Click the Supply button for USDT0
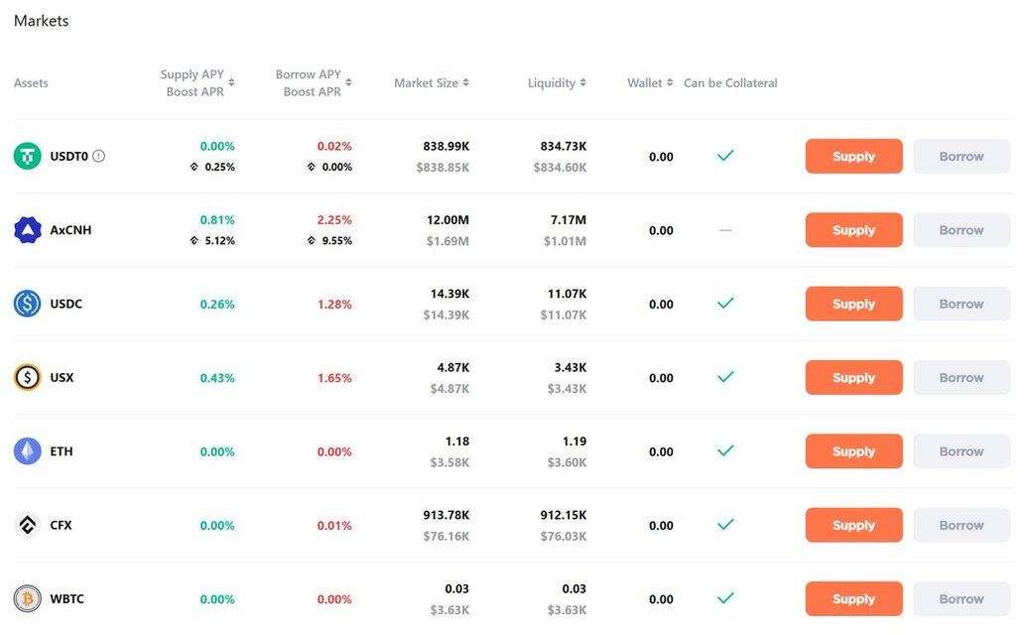pyautogui.click(x=853, y=157)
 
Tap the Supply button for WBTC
pyautogui.click(x=853, y=599)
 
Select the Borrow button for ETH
pyautogui.click(x=960, y=451)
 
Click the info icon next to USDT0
pyautogui.click(x=98, y=156)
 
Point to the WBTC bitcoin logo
pyautogui.click(x=28, y=599)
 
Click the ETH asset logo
pyautogui.click(x=28, y=451)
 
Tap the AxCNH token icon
pyautogui.click(x=28, y=230)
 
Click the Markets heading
pyautogui.click(x=42, y=21)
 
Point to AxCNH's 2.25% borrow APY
pyautogui.click(x=334, y=220)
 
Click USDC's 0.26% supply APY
pyautogui.click(x=217, y=305)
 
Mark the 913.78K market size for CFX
pyautogui.click(x=446, y=515)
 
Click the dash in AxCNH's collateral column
pyautogui.click(x=725, y=230)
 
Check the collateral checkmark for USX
pyautogui.click(x=725, y=377)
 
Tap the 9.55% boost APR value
pyautogui.click(x=336, y=241)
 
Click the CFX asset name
pyautogui.click(x=62, y=525)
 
